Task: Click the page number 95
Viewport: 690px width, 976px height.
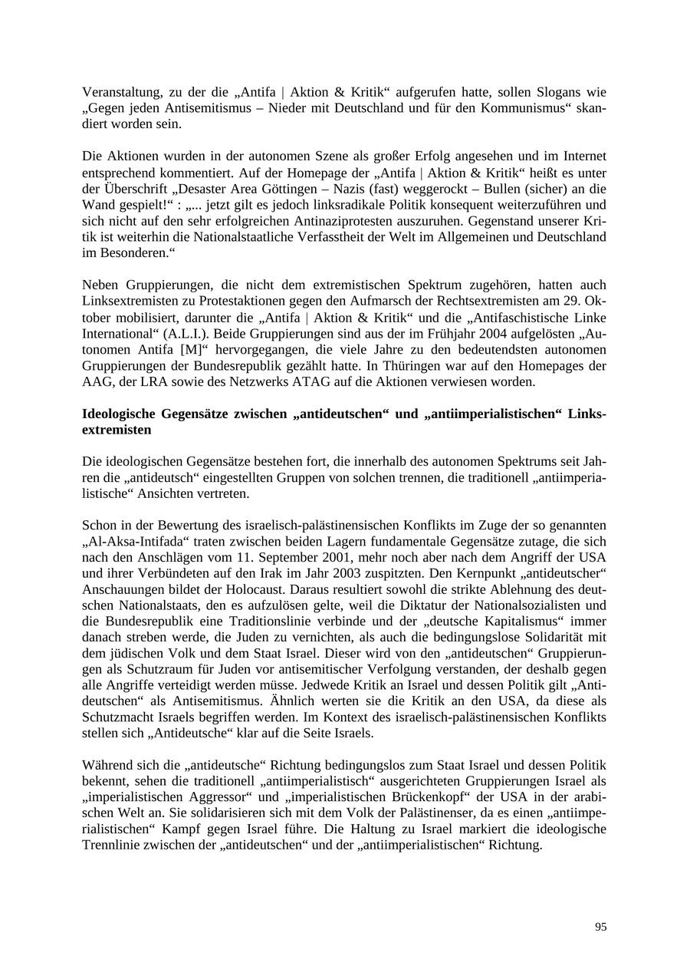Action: coord(600,927)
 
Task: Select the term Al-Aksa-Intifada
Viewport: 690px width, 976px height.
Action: coord(128,541)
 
